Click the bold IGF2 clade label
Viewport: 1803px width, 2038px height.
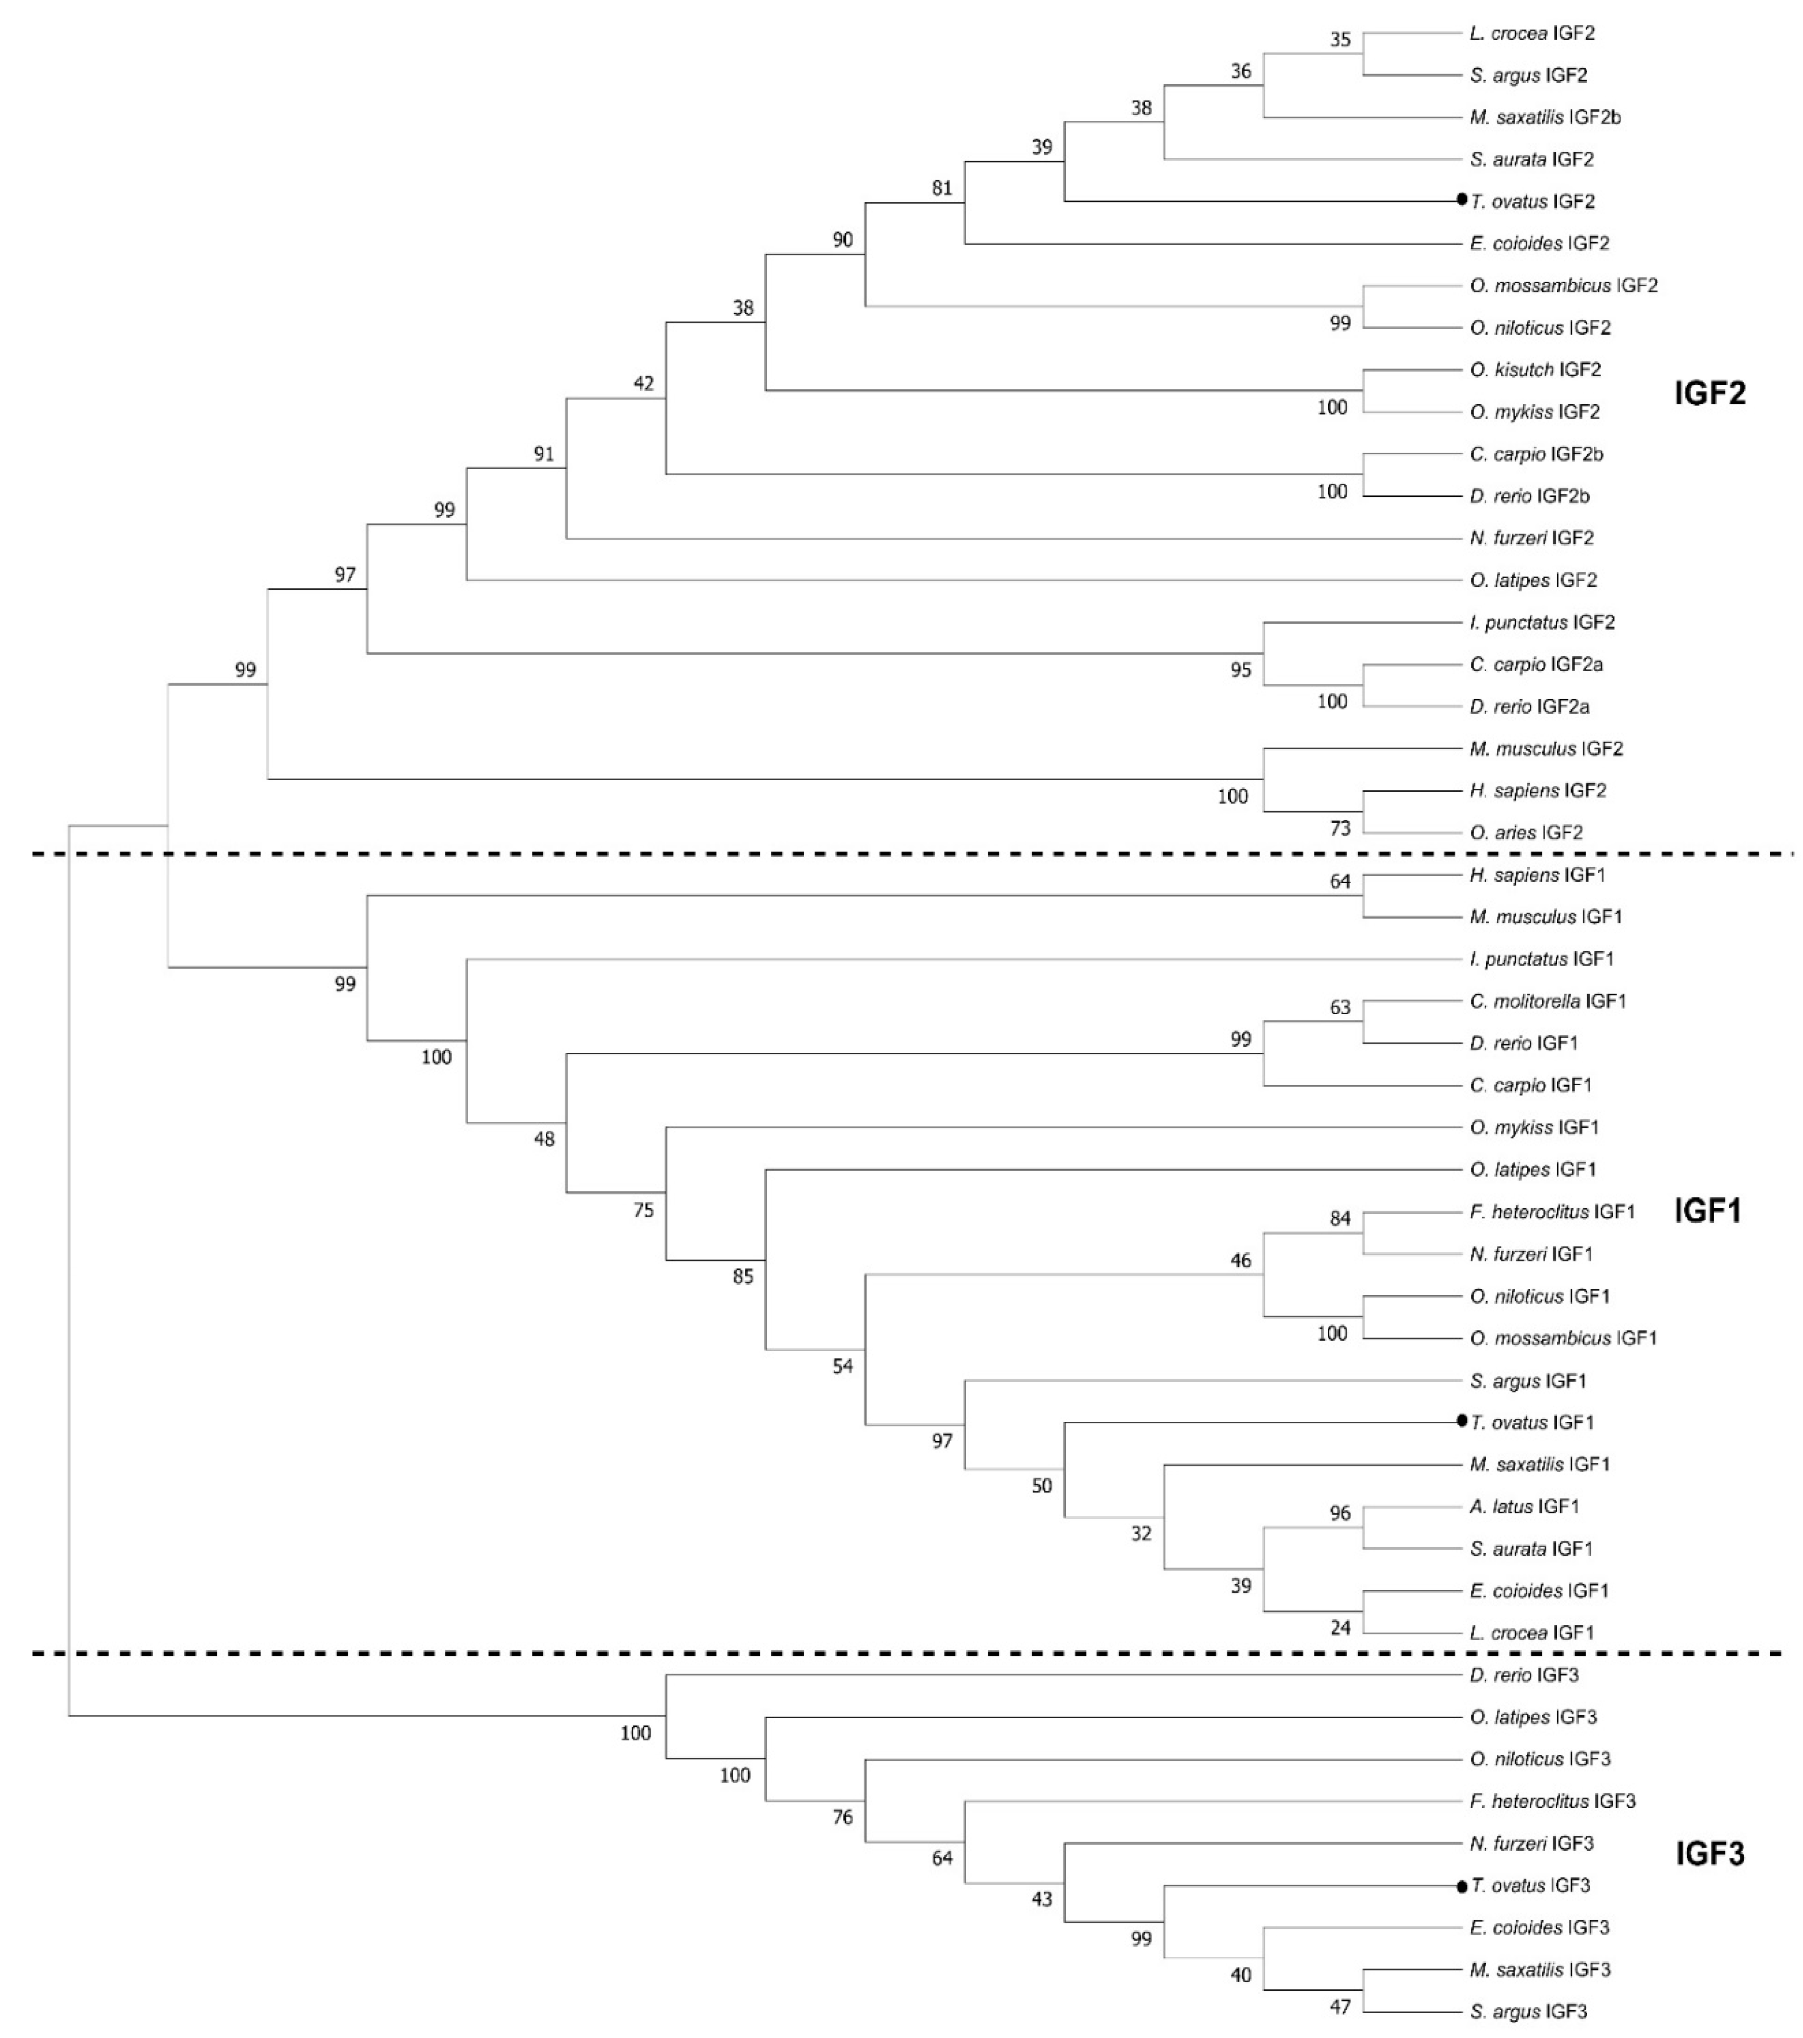(1709, 394)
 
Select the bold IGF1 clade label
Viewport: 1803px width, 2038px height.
(1707, 1211)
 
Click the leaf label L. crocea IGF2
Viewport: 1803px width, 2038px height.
(1532, 34)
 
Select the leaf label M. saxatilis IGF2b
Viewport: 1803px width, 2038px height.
(1545, 118)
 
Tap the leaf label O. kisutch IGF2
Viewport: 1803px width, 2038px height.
(1535, 370)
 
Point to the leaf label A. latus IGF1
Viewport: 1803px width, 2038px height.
(1524, 1507)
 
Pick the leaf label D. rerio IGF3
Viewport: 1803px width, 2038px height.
(1524, 1675)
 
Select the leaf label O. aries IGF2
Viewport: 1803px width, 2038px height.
(1526, 832)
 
